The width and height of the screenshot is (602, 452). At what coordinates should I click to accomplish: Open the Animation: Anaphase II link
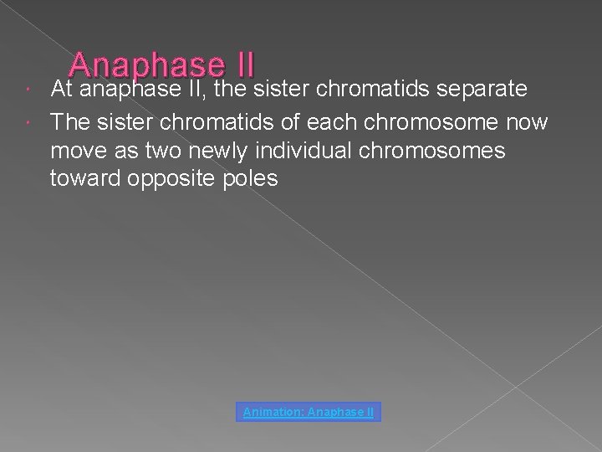309,412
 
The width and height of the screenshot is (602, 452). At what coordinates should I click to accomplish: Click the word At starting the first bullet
63,88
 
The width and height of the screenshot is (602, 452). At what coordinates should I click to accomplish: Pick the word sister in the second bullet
132,122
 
